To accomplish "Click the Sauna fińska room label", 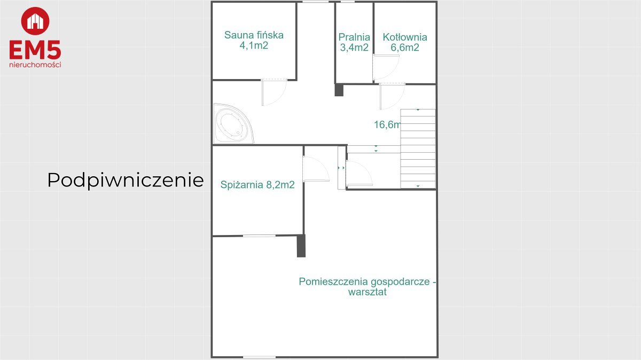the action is point(254,40).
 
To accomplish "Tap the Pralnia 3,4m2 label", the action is point(354,42).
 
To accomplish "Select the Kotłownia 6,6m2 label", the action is point(405,42).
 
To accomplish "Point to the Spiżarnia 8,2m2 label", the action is point(257,185).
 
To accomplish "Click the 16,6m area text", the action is point(387,124).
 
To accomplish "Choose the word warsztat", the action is point(368,292).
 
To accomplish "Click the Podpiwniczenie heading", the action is point(126,181).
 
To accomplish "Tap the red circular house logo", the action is point(35,21).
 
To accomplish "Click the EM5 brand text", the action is point(35,50).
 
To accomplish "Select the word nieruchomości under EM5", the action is point(35,65).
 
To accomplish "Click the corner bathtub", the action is point(233,123).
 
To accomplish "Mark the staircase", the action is point(418,148).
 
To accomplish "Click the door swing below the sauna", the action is point(274,92).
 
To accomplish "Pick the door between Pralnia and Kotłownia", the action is point(386,67).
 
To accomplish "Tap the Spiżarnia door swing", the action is point(316,169).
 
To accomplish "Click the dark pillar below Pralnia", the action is point(339,90).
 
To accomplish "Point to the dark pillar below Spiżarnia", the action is point(301,246).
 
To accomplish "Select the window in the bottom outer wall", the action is point(259,357).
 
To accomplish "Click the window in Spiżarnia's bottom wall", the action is point(259,236).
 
